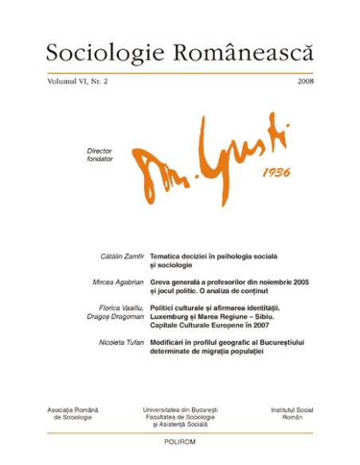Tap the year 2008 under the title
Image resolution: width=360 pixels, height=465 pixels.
pos(304,82)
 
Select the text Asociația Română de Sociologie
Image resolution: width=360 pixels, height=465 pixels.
pos(70,415)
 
